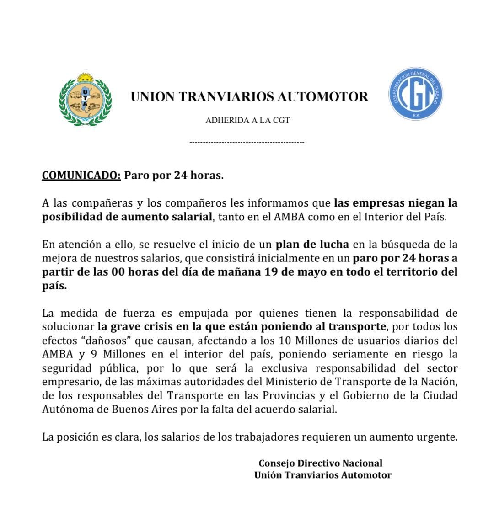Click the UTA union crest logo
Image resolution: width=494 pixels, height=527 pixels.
(x=85, y=99)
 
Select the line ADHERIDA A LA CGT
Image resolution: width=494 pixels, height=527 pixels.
(x=247, y=121)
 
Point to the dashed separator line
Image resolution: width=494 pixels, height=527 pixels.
(x=247, y=143)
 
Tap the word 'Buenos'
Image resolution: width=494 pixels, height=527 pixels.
(x=130, y=409)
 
